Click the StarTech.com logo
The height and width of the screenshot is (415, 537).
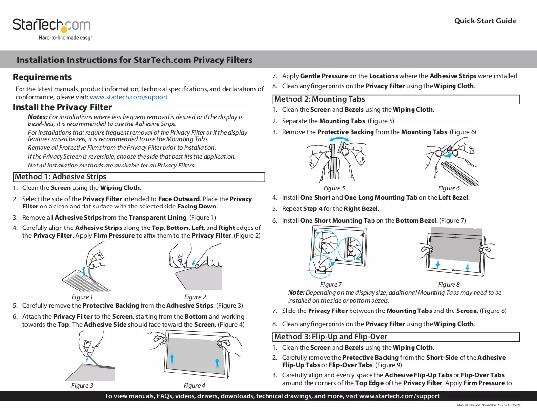coord(52,29)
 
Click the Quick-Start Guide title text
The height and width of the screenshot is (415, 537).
coord(485,21)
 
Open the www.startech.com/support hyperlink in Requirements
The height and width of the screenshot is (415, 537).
coord(128,97)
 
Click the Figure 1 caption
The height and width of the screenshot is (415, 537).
coord(82,297)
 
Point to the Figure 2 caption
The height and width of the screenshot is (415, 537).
coord(195,297)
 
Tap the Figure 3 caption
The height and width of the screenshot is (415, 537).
coord(82,386)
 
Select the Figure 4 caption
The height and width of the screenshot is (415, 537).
coord(194,386)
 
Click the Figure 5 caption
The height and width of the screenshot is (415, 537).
coord(334,188)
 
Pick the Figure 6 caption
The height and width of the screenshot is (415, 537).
coord(449,188)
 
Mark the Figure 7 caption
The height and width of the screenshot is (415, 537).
coord(331,285)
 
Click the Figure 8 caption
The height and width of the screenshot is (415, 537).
coord(449,285)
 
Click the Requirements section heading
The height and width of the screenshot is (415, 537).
coord(42,77)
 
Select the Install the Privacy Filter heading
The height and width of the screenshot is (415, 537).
coord(62,107)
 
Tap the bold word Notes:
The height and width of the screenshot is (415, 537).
coord(38,117)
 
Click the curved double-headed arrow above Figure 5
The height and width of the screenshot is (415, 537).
coord(339,138)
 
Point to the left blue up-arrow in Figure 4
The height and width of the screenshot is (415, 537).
coord(172,361)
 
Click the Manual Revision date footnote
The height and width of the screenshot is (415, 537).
coord(489,405)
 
